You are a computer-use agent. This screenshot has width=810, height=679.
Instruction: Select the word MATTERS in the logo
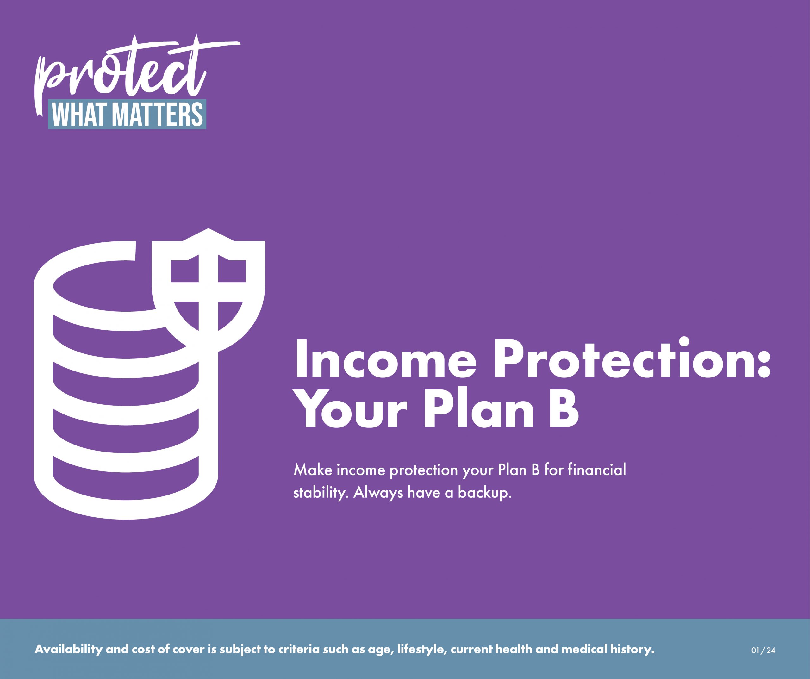click(x=159, y=115)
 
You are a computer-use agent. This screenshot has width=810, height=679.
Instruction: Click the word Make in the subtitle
click(x=313, y=470)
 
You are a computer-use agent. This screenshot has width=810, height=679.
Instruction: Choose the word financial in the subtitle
click(x=597, y=470)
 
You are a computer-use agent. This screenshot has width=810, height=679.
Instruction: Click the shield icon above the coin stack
click(x=208, y=289)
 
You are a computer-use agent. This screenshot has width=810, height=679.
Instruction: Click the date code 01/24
click(x=763, y=651)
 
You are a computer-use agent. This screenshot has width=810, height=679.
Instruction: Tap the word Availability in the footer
click(x=69, y=649)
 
